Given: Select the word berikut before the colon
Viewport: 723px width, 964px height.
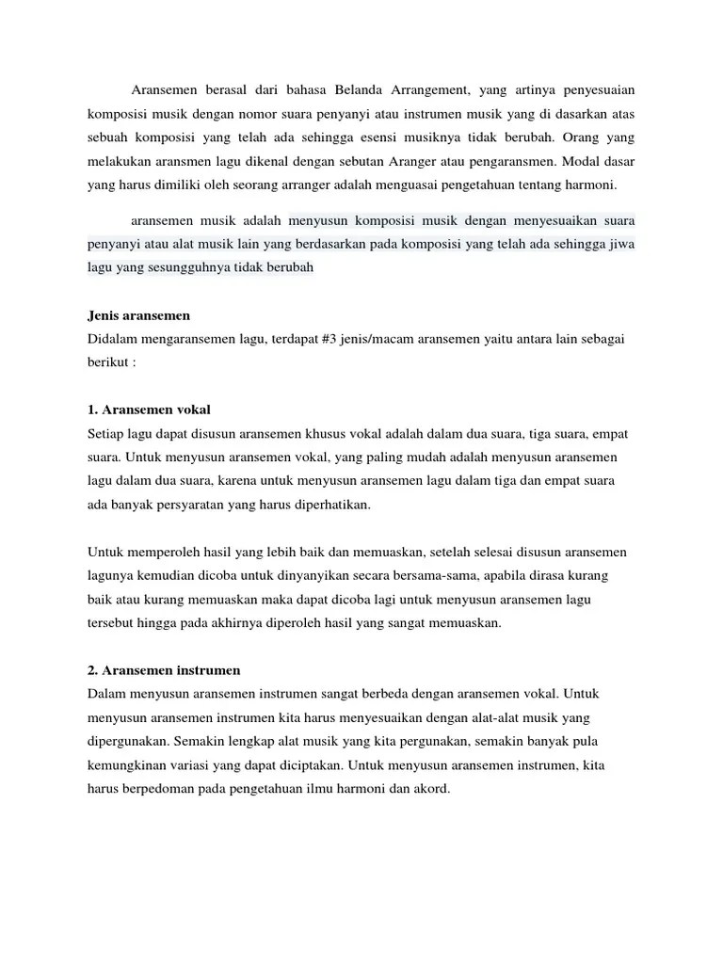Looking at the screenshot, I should pos(107,362).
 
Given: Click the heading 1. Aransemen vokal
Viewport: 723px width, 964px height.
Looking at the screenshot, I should pos(149,410).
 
